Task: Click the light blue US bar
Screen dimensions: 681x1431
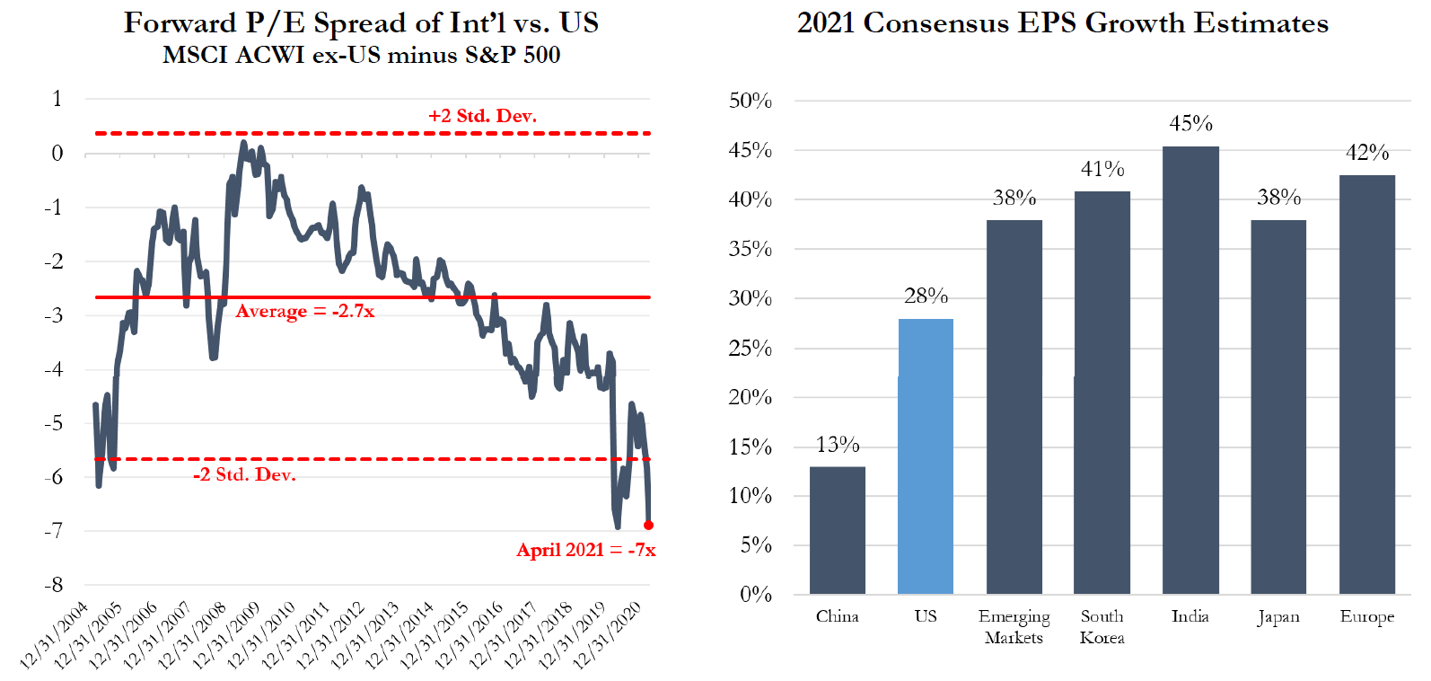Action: click(926, 456)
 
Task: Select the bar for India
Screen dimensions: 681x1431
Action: click(1190, 370)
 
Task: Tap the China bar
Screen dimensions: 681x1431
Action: click(838, 530)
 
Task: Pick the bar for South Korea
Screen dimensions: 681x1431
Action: click(1102, 393)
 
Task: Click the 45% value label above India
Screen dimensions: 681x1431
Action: click(1190, 123)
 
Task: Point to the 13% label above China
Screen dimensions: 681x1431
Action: click(838, 445)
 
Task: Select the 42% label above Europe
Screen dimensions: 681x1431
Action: click(1367, 153)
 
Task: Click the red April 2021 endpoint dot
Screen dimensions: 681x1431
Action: click(649, 526)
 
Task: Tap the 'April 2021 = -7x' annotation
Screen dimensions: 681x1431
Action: click(586, 550)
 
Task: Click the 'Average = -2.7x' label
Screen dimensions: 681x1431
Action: click(305, 312)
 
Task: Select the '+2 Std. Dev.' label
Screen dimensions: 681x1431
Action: click(482, 116)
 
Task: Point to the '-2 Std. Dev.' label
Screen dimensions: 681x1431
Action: click(244, 474)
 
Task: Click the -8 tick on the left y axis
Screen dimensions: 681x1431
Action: click(55, 585)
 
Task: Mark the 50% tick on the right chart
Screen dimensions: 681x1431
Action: click(751, 101)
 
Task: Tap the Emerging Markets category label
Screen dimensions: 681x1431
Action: click(1014, 627)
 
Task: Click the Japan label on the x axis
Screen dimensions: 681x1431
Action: click(1278, 616)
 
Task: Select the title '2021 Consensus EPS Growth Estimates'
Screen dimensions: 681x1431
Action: click(1063, 22)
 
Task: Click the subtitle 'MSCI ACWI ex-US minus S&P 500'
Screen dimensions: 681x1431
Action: click(361, 55)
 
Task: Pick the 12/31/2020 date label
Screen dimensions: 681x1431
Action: click(609, 636)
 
